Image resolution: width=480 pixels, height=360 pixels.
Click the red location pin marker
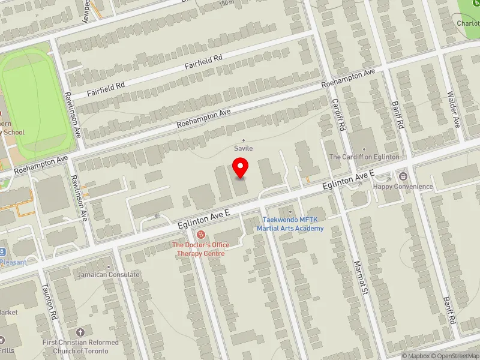[x=241, y=167]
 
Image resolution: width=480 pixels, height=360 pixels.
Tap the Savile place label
[x=243, y=148]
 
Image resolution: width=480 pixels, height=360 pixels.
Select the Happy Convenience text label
[x=403, y=187]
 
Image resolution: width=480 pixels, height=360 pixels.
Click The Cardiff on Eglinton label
[x=364, y=157]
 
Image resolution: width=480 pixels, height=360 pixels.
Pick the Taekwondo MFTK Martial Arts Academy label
[x=290, y=224]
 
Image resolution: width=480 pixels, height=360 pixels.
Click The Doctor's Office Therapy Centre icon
[x=201, y=233]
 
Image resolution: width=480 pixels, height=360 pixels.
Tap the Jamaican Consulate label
[x=108, y=274]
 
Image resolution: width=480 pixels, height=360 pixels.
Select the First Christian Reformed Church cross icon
[x=80, y=332]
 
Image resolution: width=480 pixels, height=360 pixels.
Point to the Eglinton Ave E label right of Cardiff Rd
[x=348, y=179]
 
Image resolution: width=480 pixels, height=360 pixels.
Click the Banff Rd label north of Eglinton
[x=400, y=115]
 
